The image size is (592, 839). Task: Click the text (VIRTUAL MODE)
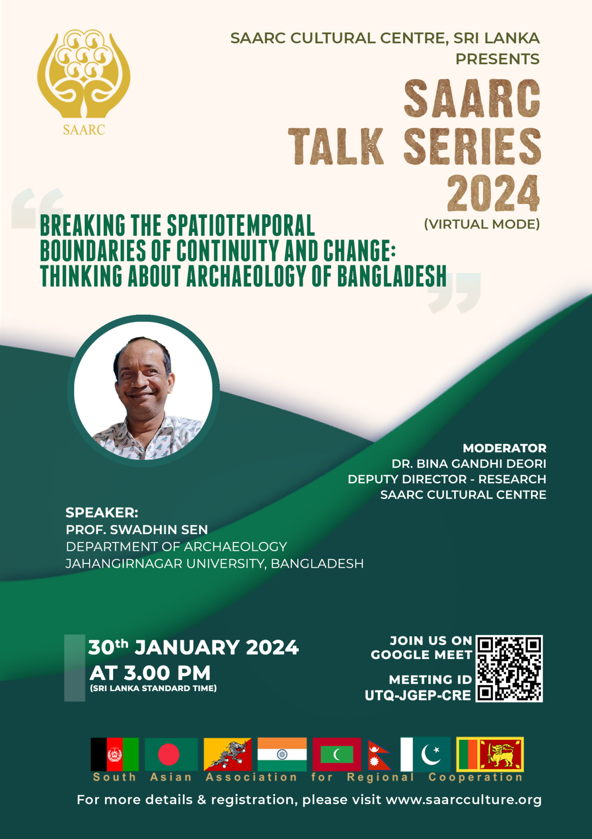click(482, 224)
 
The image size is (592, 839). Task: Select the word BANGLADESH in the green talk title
click(392, 276)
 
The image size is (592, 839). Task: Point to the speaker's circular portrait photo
click(143, 391)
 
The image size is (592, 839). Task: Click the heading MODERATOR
click(505, 448)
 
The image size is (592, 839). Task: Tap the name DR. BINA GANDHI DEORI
click(469, 464)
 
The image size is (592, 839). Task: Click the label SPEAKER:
click(102, 512)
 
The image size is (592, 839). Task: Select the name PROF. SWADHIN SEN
click(137, 530)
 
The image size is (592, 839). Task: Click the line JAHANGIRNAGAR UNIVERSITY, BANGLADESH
click(215, 564)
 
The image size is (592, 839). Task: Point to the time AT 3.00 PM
click(150, 673)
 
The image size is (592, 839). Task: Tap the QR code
click(509, 669)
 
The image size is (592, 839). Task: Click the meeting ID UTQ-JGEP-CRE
click(418, 696)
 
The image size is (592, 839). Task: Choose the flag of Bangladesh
click(171, 754)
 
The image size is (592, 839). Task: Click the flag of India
click(282, 754)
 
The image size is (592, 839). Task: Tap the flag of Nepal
click(378, 755)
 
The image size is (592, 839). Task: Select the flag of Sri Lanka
click(490, 754)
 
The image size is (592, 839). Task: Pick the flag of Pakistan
click(426, 754)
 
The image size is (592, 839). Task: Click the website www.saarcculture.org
click(464, 800)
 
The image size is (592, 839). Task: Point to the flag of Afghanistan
click(115, 754)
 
